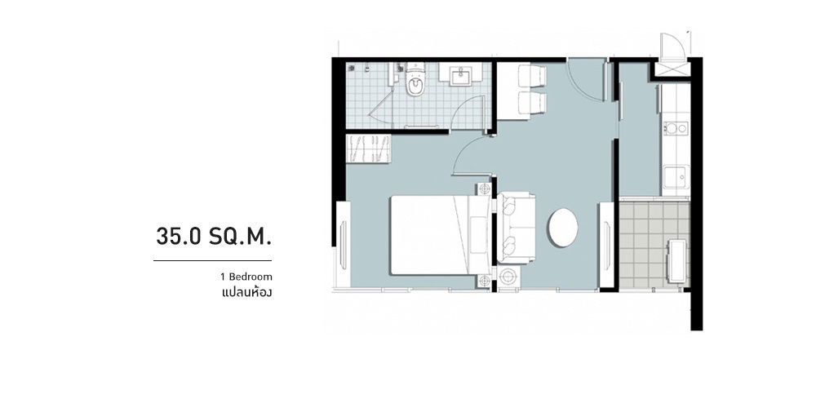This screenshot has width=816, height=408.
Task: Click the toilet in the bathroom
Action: coord(415,84)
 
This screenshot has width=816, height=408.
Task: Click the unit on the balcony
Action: coord(676,259)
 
